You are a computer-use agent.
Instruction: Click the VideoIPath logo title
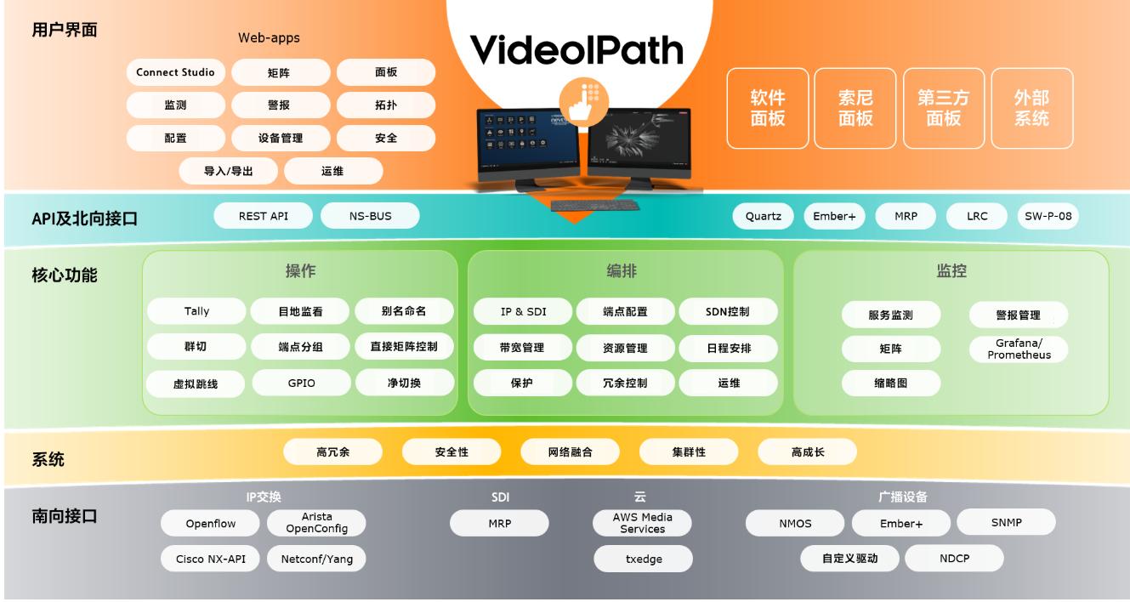576,49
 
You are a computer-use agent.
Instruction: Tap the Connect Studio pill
175,72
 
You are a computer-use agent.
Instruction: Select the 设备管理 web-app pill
281,139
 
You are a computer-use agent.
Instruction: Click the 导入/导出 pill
228,171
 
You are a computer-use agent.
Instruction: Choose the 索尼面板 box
855,108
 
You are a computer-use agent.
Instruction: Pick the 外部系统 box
1032,108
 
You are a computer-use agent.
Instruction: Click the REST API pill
264,216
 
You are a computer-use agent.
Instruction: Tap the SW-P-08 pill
1048,216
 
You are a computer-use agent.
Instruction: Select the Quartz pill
764,216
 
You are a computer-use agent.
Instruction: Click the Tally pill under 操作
196,311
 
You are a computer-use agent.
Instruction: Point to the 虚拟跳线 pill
196,383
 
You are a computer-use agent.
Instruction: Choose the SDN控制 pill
728,311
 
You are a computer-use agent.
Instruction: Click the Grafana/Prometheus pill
1019,349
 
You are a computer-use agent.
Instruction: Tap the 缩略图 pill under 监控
891,383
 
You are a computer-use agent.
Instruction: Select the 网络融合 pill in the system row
570,451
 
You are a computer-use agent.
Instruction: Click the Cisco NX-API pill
210,559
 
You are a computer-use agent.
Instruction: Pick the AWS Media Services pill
642,523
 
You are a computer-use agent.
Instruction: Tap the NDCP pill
955,558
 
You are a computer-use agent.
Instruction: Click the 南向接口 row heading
64,516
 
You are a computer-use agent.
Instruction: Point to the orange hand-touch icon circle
584,102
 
